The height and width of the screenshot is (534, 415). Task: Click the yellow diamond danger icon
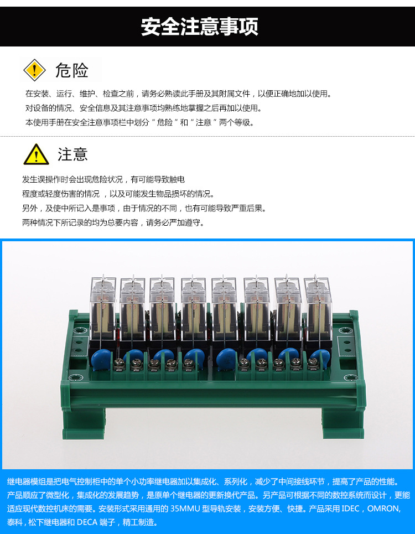[34, 70]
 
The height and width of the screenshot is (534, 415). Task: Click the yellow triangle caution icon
[36, 154]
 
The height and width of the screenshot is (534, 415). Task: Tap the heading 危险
[71, 70]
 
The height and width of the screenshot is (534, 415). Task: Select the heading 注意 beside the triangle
[72, 154]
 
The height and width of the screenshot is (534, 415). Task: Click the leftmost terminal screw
[118, 364]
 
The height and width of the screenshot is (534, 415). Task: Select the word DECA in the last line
[87, 522]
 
